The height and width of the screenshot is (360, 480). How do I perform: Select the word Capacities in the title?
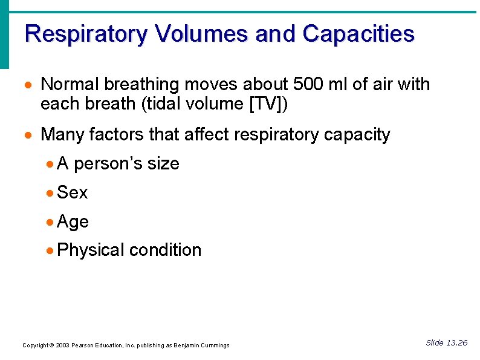pyautogui.click(x=358, y=34)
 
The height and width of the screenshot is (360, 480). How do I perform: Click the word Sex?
pyautogui.click(x=72, y=193)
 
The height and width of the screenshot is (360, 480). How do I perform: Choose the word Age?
pyautogui.click(x=73, y=222)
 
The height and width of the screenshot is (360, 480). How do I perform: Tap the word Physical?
pyautogui.click(x=91, y=250)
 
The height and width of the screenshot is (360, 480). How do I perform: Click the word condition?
pyautogui.click(x=165, y=250)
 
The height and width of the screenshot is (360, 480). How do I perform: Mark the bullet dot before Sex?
pyautogui.click(x=50, y=194)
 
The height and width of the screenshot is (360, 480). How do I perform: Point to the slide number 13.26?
pyautogui.click(x=456, y=343)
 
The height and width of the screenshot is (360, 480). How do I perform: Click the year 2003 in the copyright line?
pyautogui.click(x=62, y=345)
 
